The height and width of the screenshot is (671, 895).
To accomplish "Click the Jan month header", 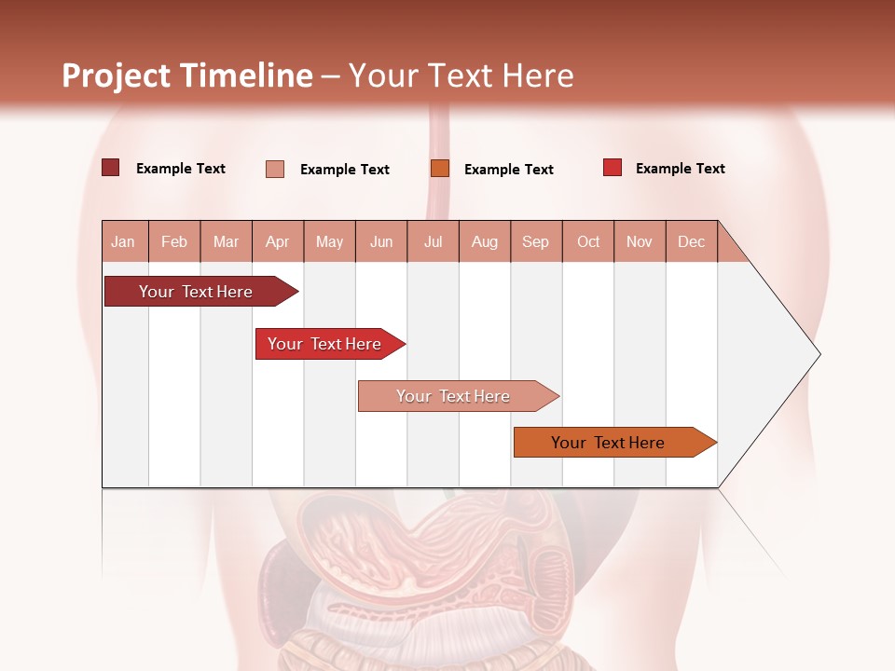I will point(123,241).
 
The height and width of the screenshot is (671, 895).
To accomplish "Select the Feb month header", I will point(174,241).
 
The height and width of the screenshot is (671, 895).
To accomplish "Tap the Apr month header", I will point(277,241).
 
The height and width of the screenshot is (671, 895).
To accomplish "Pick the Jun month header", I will point(381,241).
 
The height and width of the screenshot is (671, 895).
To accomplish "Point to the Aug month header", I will point(484,241).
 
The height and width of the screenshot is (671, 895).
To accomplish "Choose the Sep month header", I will point(535,241).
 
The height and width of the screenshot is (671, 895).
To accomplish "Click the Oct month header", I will point(588,241).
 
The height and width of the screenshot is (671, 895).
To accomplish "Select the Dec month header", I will point(691,241).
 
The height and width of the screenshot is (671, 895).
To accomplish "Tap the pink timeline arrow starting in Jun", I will point(454,396).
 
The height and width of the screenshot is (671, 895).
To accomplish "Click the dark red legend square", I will point(111,168).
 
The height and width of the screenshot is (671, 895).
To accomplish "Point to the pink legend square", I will point(275,169).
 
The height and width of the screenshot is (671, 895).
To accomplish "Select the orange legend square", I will point(440,169).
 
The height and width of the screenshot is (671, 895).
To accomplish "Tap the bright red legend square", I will point(613,168).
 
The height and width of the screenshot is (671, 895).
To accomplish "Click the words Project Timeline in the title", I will point(187,75).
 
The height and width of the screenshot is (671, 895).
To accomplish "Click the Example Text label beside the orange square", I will point(508,170).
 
